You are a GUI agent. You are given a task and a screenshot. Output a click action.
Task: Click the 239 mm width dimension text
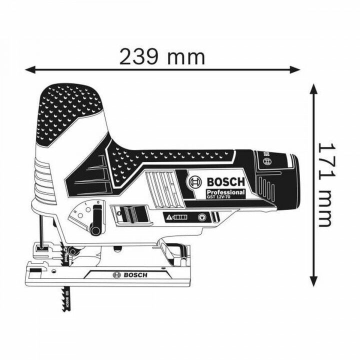pyautogui.click(x=162, y=56)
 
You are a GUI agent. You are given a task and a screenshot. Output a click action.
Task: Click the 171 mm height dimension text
pyautogui.click(x=324, y=183)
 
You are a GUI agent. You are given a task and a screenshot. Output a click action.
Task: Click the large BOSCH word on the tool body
pyautogui.click(x=224, y=180)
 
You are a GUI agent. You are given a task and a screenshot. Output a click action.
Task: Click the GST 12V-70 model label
pyautogui.click(x=224, y=198)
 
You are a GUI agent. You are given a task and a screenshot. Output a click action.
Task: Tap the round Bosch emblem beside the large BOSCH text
pyautogui.click(x=194, y=181)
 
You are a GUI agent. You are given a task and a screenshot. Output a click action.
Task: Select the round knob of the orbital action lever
pyautogui.click(x=94, y=230)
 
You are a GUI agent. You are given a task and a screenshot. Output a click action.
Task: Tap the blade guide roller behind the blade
pyautogui.click(x=73, y=251)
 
